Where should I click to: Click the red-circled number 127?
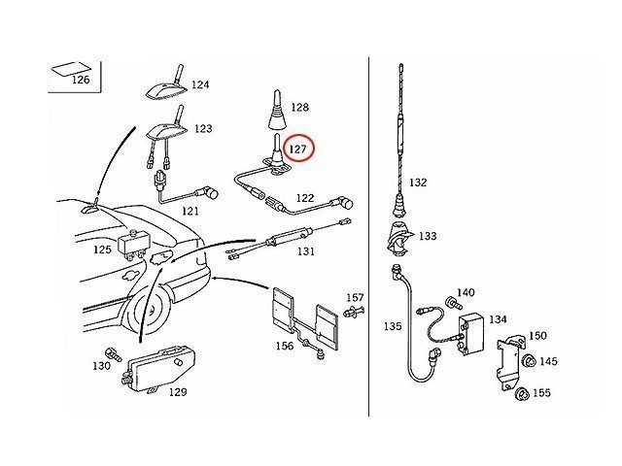point(298,150)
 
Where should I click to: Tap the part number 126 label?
point(81,80)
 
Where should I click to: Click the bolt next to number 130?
point(113,353)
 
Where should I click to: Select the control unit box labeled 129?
point(161,369)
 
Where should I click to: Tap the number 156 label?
point(285,346)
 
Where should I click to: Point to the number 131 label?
point(306,251)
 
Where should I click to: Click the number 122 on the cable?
point(305,198)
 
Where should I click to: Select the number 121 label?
point(190,212)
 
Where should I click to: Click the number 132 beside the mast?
point(418,183)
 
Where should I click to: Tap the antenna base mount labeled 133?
point(398,238)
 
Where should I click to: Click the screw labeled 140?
point(454,303)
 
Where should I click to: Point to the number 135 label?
point(393,326)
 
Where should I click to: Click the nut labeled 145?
point(529,361)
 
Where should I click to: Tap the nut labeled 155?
point(522,394)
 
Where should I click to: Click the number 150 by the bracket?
point(537,336)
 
